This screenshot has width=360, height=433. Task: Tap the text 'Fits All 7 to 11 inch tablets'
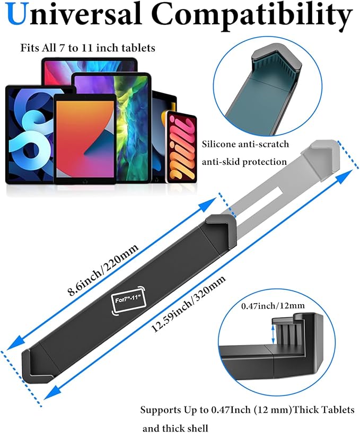point(87,48)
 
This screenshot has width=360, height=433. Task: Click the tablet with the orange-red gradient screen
point(85,139)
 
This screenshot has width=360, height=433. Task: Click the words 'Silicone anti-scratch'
point(244,144)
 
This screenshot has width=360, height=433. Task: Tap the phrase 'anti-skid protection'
point(244,162)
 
